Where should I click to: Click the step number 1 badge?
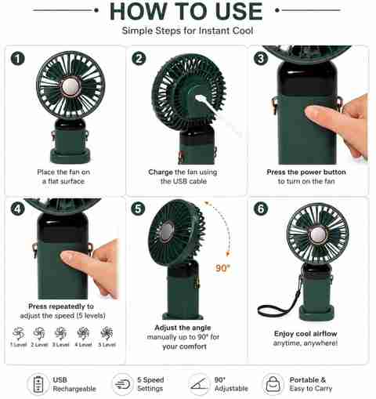(18, 59)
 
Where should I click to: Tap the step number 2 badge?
(139, 58)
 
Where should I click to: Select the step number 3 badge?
(261, 58)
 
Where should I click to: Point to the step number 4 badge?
(18, 209)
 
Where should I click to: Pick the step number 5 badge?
(138, 209)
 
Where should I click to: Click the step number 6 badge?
(261, 209)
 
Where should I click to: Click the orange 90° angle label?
(223, 268)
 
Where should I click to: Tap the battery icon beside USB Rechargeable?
(38, 384)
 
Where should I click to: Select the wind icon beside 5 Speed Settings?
(122, 384)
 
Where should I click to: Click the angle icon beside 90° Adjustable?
(199, 384)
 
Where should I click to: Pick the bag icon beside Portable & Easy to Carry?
(273, 384)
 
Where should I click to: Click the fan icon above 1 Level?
(19, 333)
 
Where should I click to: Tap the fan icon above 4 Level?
(83, 333)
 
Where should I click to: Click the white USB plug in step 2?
(202, 100)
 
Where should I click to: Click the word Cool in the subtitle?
(243, 31)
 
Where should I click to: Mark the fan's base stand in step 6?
(316, 313)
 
